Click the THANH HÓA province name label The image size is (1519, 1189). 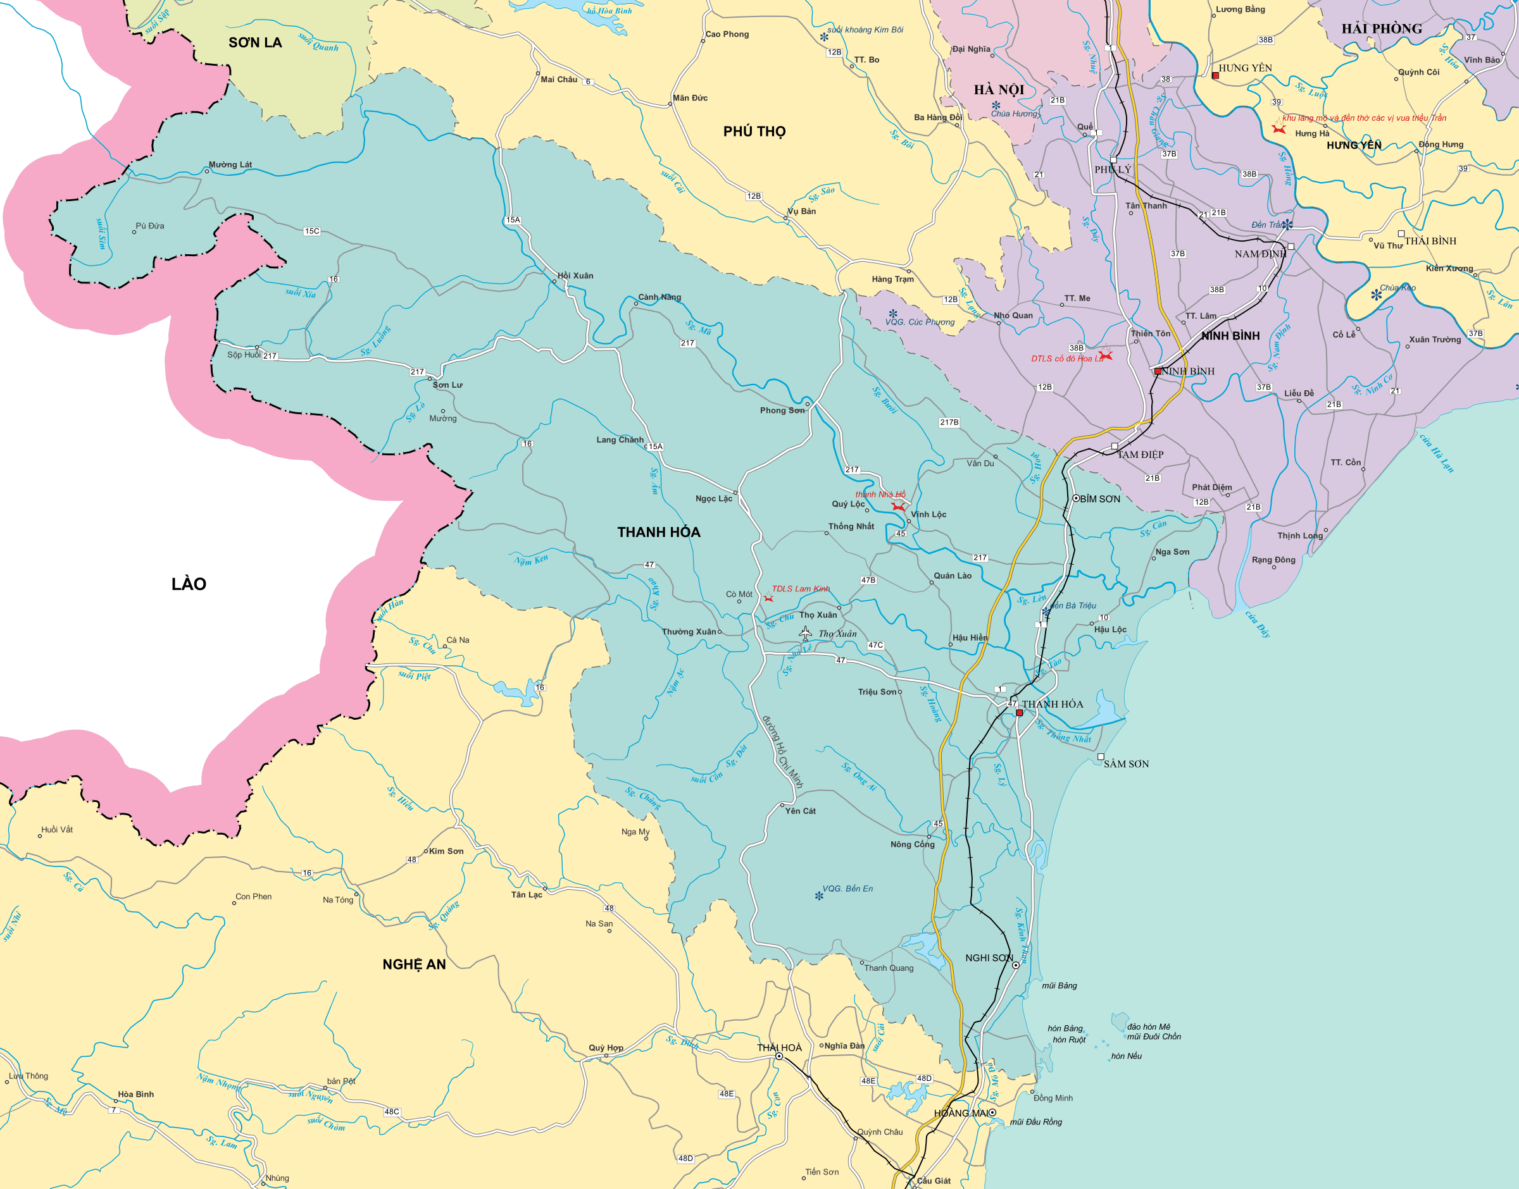click(x=658, y=532)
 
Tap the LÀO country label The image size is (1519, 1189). click(x=189, y=583)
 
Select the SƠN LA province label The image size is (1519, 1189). click(x=255, y=42)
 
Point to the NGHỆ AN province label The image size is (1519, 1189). click(x=414, y=964)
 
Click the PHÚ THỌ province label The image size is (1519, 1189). click(x=754, y=132)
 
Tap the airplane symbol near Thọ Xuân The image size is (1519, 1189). click(x=805, y=634)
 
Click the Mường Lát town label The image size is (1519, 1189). click(x=230, y=165)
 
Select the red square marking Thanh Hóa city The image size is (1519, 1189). click(x=1019, y=713)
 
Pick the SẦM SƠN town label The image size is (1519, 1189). click(x=1125, y=763)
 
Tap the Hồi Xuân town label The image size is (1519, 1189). click(x=575, y=276)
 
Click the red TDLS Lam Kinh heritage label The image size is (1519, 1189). click(x=800, y=589)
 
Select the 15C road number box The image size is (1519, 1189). click(x=311, y=231)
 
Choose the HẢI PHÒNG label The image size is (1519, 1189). click(x=1382, y=29)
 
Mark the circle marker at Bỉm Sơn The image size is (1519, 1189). click(x=1075, y=498)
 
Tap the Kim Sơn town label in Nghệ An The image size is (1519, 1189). click(x=446, y=851)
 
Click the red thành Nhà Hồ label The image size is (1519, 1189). click(x=880, y=494)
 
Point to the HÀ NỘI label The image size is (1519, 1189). click(x=999, y=90)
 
